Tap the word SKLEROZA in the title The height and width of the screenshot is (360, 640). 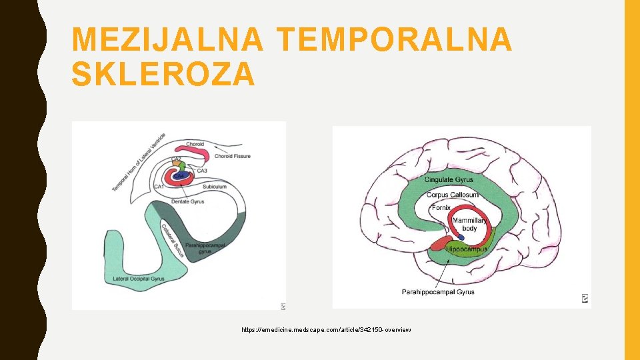coord(163,74)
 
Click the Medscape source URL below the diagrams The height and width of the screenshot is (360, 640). coord(327,330)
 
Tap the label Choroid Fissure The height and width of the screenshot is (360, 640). coord(233,156)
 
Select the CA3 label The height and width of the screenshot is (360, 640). coord(202,171)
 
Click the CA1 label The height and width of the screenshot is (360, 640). coord(159,187)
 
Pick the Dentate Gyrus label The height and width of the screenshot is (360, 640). coord(187,201)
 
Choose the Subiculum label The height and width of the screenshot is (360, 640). coord(215,187)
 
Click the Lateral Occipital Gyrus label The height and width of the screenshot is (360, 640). coord(138,278)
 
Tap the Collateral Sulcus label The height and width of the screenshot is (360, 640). coord(173,240)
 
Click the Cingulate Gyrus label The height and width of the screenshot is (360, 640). coord(448,179)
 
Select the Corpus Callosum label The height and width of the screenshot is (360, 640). coord(452,195)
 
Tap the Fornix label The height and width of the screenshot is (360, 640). coord(441,208)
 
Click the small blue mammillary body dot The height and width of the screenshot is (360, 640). coord(461,237)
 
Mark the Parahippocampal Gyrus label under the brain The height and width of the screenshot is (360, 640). coord(438,291)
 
